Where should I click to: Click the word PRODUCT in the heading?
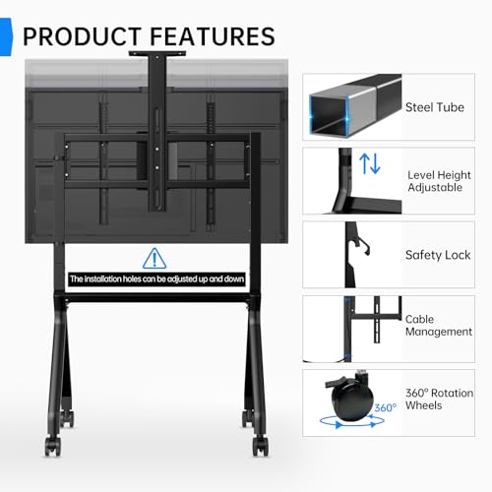pyautogui.click(x=82, y=36)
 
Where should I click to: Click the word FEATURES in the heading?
pyautogui.click(x=213, y=36)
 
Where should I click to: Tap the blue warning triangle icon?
pyautogui.click(x=154, y=259)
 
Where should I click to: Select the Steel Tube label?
pyautogui.click(x=435, y=107)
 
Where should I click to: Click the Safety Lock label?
pyautogui.click(x=438, y=255)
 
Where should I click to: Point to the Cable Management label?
pyautogui.click(x=439, y=325)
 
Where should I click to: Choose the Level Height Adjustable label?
pyautogui.click(x=439, y=181)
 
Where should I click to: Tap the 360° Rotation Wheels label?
pyautogui.click(x=439, y=399)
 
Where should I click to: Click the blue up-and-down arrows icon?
pyautogui.click(x=370, y=163)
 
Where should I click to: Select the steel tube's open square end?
pyautogui.click(x=329, y=115)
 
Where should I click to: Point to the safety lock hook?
pyautogui.click(x=363, y=246)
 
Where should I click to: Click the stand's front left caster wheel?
pyautogui.click(x=52, y=446)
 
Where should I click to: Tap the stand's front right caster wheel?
pyautogui.click(x=261, y=446)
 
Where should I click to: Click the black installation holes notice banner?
pyautogui.click(x=156, y=279)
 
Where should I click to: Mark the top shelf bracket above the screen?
pyautogui.click(x=157, y=53)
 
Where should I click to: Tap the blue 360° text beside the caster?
pyautogui.click(x=385, y=407)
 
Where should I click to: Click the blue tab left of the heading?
pyautogui.click(x=6, y=36)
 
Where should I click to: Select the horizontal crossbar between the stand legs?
pyautogui.click(x=157, y=298)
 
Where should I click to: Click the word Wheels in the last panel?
pyautogui.click(x=423, y=405)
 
